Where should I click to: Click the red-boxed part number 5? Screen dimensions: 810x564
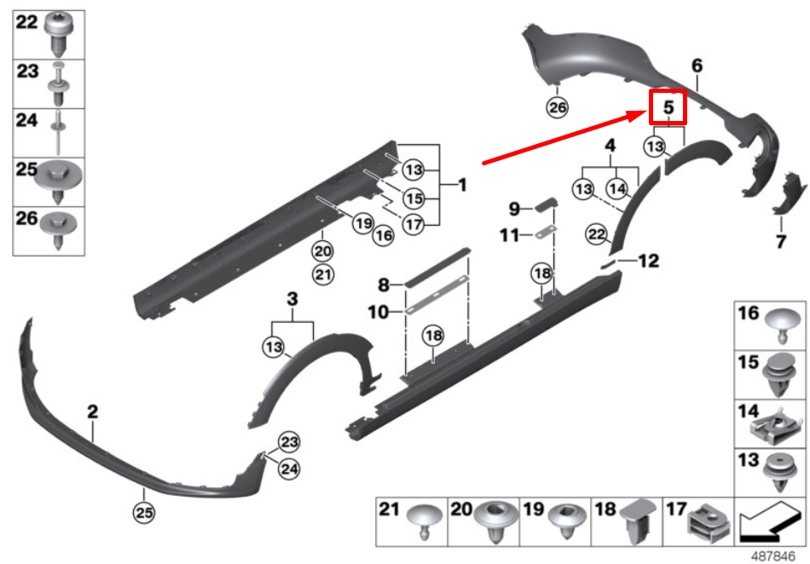(668, 107)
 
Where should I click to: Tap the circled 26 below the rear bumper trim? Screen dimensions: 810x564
(558, 107)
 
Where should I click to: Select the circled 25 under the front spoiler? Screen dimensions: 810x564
(144, 512)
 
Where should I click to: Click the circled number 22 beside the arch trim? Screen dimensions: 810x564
(596, 234)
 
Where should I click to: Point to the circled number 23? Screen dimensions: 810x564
(289, 442)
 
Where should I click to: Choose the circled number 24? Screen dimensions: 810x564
(289, 469)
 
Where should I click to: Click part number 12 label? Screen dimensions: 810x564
(649, 261)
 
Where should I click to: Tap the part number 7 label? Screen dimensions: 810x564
(780, 241)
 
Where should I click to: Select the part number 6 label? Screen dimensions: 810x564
(697, 66)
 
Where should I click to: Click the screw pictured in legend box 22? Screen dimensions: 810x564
(59, 33)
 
